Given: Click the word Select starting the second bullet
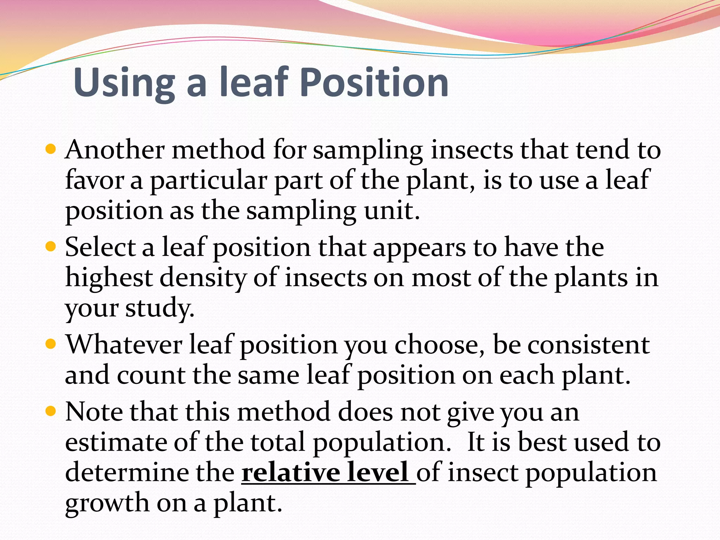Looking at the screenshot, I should [x=101, y=247].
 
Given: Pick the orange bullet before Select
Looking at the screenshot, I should [x=51, y=246].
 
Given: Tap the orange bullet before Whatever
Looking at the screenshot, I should [x=51, y=343].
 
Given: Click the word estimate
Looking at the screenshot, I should [x=116, y=442].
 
